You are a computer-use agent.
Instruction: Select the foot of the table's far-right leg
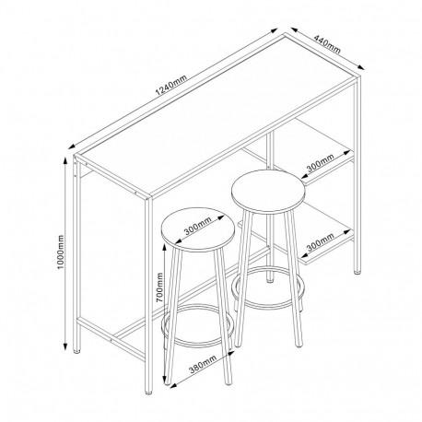coord(358,274)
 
